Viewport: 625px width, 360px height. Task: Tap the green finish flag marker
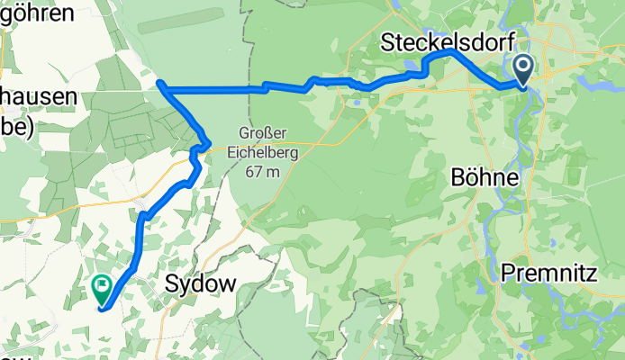point(101,288)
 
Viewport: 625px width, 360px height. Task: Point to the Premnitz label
point(549,271)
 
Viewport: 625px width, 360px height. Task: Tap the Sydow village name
point(201,283)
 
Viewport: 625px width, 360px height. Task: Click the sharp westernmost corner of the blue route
point(159,84)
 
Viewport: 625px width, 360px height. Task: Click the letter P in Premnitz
point(507,271)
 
